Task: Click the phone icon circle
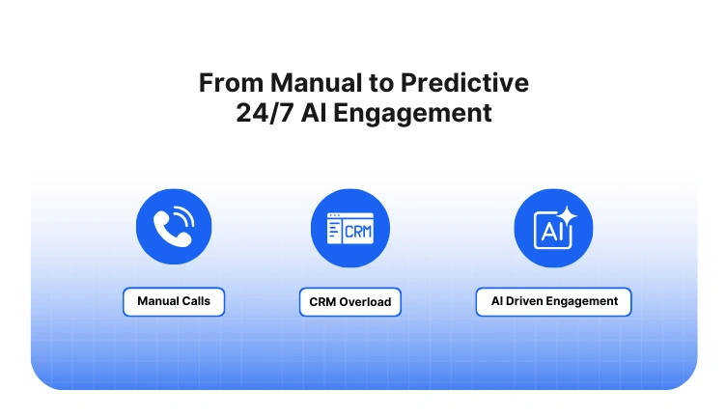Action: pyautogui.click(x=174, y=228)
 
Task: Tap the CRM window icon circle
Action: pyautogui.click(x=349, y=228)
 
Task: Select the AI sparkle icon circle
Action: pyautogui.click(x=553, y=228)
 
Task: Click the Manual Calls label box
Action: pyautogui.click(x=174, y=301)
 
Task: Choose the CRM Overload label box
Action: pyautogui.click(x=349, y=302)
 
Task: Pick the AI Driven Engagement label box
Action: pyautogui.click(x=553, y=301)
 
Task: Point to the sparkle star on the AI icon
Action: pyautogui.click(x=566, y=217)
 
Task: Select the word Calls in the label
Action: pyautogui.click(x=195, y=301)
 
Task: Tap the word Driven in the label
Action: pyautogui.click(x=526, y=301)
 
